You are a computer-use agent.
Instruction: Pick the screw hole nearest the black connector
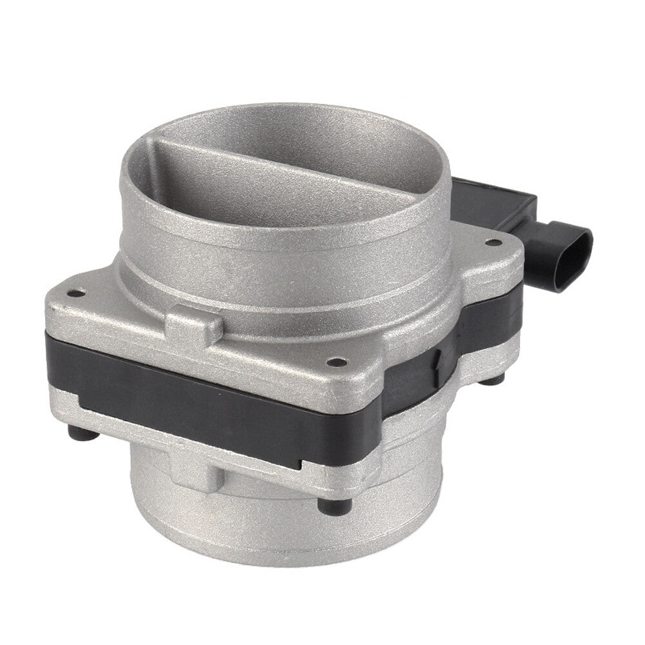[x=493, y=243]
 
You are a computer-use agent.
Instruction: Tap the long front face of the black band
[x=213, y=403]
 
